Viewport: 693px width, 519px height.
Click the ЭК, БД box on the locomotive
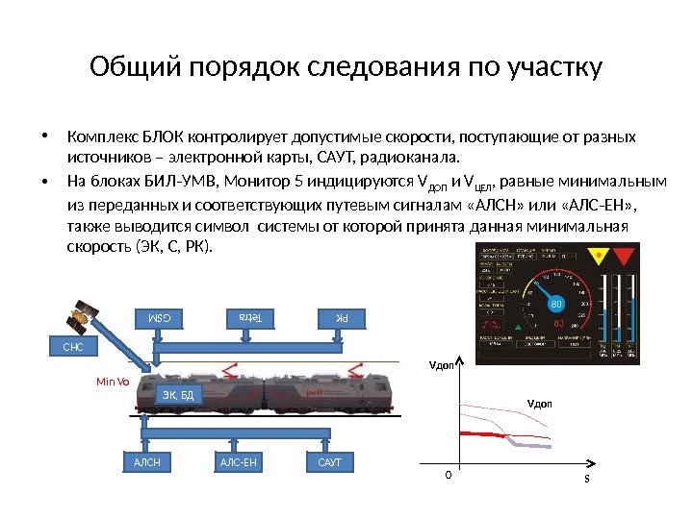178,395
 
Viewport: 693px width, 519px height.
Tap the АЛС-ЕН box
238,463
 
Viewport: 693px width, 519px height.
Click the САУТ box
329,463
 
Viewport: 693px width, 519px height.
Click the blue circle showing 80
554,305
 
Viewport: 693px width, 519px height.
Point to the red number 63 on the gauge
558,324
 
